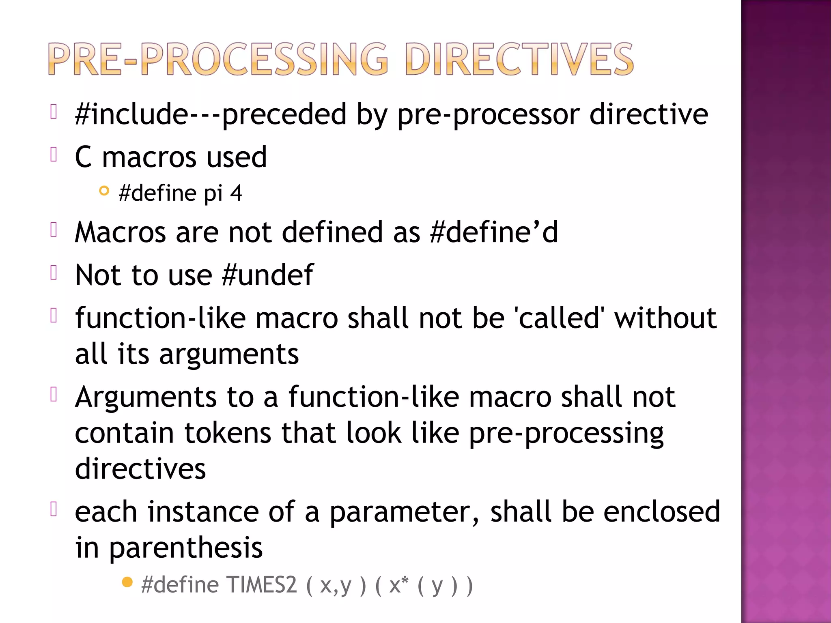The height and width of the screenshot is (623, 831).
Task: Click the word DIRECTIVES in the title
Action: tap(519, 60)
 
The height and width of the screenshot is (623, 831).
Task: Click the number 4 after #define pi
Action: tap(236, 193)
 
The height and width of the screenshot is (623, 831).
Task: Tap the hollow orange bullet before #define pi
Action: tap(104, 191)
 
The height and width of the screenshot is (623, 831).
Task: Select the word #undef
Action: tap(268, 275)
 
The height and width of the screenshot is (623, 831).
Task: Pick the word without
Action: tap(665, 318)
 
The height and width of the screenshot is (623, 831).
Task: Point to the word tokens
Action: tap(228, 433)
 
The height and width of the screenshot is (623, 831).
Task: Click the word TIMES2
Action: tap(262, 585)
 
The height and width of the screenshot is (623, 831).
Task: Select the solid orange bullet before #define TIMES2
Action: tap(127, 582)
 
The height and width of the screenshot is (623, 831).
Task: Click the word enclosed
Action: tap(661, 512)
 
